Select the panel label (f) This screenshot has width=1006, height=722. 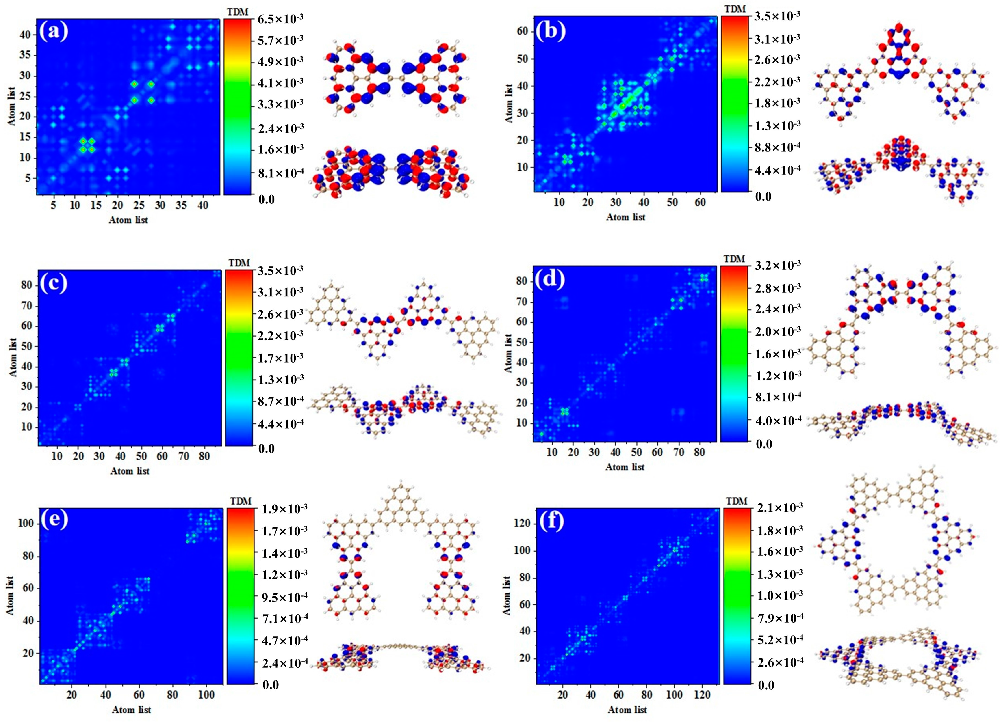[550, 522]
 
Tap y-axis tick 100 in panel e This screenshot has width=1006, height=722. [25, 523]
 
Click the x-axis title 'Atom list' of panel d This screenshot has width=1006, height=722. [624, 467]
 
